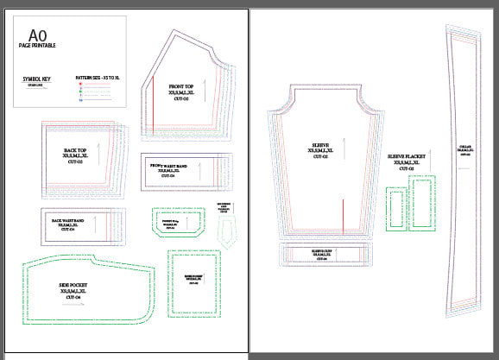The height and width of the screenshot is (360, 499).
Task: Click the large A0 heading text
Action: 37,35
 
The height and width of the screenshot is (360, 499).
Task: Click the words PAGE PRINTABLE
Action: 37,45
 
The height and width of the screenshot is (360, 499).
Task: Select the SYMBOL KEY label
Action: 38,79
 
